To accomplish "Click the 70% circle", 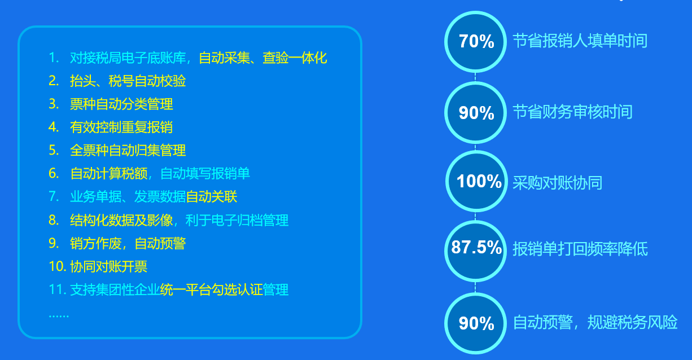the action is (x=475, y=42).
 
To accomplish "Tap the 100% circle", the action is (x=476, y=181).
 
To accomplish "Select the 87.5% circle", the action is (x=475, y=251).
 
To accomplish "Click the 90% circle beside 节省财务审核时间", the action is (x=475, y=113).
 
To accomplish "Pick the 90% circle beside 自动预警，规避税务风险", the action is (x=475, y=323).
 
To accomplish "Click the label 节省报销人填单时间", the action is (x=580, y=41).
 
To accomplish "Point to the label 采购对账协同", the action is (x=557, y=183).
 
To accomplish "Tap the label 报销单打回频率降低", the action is (x=580, y=249).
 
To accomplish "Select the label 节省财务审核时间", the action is (x=572, y=112).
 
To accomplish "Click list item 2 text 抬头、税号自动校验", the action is (x=128, y=81).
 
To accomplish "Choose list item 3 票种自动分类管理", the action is (x=121, y=104).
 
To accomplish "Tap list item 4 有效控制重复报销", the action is (x=121, y=127).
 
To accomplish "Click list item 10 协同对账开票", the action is (x=109, y=266).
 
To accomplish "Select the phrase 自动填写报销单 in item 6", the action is (x=205, y=174).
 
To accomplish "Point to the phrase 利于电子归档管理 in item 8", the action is (x=237, y=221).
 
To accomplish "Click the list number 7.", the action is (x=54, y=197).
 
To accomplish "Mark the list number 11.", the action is (x=58, y=289).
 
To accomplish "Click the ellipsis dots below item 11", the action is (x=59, y=316).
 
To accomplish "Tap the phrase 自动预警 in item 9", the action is (x=160, y=244).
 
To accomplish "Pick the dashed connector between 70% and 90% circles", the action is (x=475, y=77).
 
